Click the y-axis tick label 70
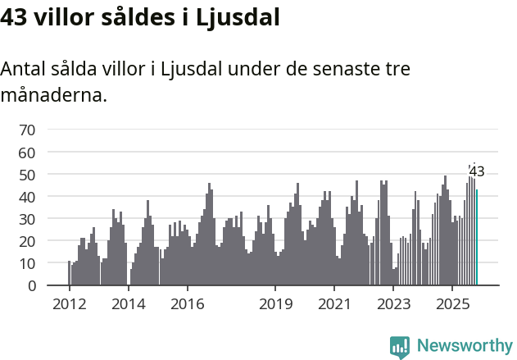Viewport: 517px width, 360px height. tap(27, 130)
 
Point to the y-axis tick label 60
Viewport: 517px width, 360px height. tap(27, 153)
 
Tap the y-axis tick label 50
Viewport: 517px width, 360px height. tap(27, 175)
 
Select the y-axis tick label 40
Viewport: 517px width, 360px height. tap(27, 197)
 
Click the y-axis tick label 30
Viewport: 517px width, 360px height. tap(27, 219)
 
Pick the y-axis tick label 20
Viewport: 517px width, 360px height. tap(27, 241)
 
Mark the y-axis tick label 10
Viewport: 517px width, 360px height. tap(27, 263)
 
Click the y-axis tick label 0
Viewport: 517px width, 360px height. tap(31, 285)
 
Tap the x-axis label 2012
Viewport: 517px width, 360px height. tap(69, 303)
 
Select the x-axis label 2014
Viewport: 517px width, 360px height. tap(128, 303)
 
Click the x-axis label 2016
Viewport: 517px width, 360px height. tap(187, 303)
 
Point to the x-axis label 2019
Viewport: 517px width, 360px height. tap(275, 303)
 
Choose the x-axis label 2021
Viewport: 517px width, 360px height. tap(334, 303)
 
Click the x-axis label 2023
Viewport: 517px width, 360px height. tap(393, 303)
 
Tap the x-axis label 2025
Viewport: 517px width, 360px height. tap(452, 303)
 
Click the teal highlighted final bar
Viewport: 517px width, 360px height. tap(477, 238)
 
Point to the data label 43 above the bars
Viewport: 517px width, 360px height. tap(477, 172)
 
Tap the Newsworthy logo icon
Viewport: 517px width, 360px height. tap(400, 347)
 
